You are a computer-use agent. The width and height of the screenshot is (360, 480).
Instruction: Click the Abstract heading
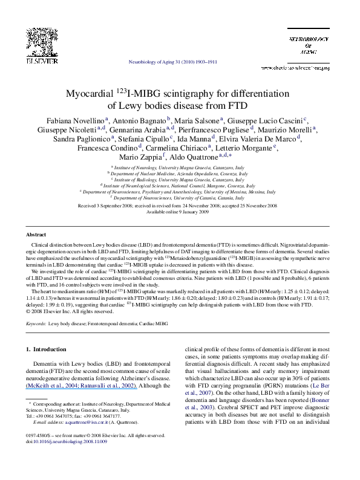point(34,234)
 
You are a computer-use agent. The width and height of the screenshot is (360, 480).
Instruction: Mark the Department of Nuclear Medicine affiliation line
point(180,173)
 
